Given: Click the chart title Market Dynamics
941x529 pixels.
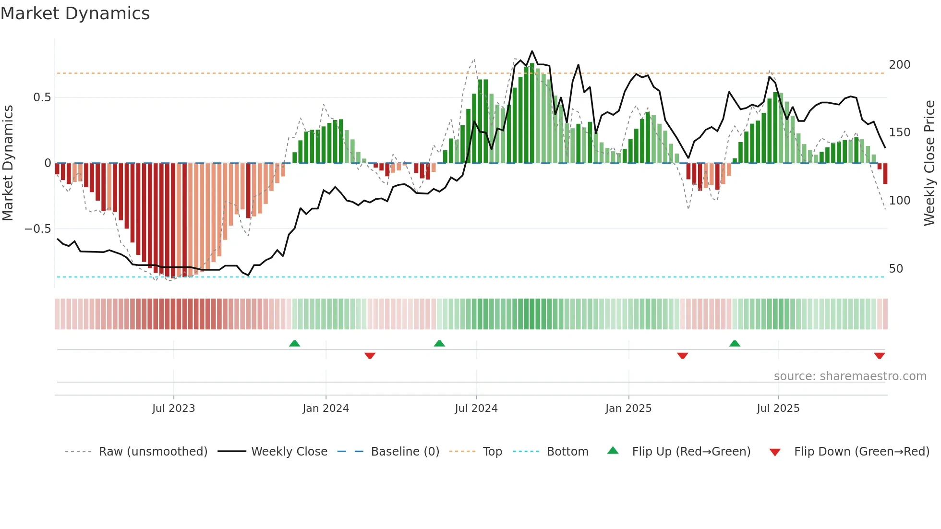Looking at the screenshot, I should (75, 13).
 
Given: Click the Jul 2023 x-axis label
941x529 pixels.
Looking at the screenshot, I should (173, 409).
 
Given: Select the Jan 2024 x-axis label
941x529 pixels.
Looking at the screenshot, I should (326, 409).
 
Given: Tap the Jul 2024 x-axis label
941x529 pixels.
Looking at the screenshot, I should (476, 409).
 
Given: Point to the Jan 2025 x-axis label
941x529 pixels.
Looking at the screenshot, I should (628, 409).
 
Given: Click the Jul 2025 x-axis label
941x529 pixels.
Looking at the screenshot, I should (778, 409).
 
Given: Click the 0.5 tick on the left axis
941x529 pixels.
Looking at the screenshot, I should (42, 97).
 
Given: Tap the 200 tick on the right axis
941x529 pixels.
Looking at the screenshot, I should (899, 65).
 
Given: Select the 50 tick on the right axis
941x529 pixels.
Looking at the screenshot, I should (896, 269).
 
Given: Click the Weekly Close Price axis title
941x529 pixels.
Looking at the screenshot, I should (929, 163).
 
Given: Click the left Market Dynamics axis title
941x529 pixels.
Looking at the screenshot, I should (8, 163).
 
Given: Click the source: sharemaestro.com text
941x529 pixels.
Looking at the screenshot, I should (850, 376).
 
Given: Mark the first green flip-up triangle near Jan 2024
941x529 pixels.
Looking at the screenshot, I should (294, 343).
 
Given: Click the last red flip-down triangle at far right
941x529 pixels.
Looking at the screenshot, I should (879, 356).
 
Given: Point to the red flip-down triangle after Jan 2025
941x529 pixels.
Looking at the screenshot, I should (682, 356).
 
